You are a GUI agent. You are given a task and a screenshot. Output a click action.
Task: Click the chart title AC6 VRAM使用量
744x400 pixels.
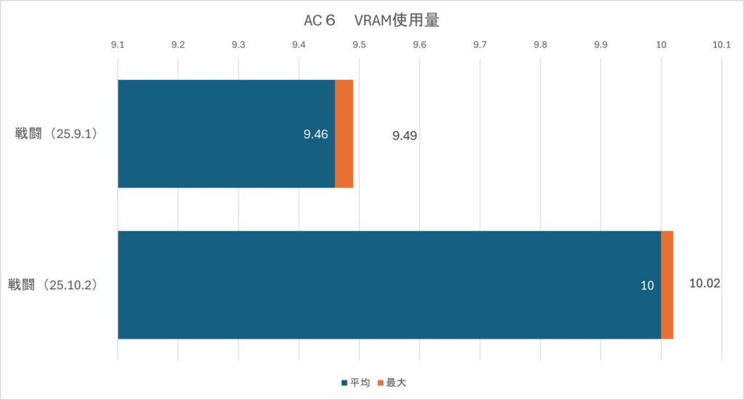371,21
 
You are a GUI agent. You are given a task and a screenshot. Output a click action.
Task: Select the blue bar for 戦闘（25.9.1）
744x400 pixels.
225,134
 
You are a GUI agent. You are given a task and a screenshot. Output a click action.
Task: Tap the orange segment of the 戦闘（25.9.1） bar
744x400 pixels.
344,134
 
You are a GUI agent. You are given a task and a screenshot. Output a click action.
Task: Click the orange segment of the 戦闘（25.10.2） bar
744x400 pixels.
667,285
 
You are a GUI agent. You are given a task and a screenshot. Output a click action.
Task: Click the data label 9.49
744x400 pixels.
404,136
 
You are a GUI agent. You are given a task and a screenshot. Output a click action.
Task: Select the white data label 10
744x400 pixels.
647,285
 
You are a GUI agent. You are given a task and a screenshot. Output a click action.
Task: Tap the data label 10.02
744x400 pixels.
704,283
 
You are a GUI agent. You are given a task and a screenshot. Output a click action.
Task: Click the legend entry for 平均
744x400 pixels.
355,383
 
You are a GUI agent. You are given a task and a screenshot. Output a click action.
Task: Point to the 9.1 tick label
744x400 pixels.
118,45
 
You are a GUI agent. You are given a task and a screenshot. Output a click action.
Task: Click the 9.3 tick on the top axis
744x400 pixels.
238,45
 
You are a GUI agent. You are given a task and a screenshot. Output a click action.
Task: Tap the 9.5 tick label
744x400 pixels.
359,45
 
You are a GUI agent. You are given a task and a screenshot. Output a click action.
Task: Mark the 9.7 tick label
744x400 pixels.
480,45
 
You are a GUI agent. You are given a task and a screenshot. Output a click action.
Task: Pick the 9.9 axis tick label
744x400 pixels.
600,45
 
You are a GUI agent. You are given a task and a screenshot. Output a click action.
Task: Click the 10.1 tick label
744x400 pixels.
721,45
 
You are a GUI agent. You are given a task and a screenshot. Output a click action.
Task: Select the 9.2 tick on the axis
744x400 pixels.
178,45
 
